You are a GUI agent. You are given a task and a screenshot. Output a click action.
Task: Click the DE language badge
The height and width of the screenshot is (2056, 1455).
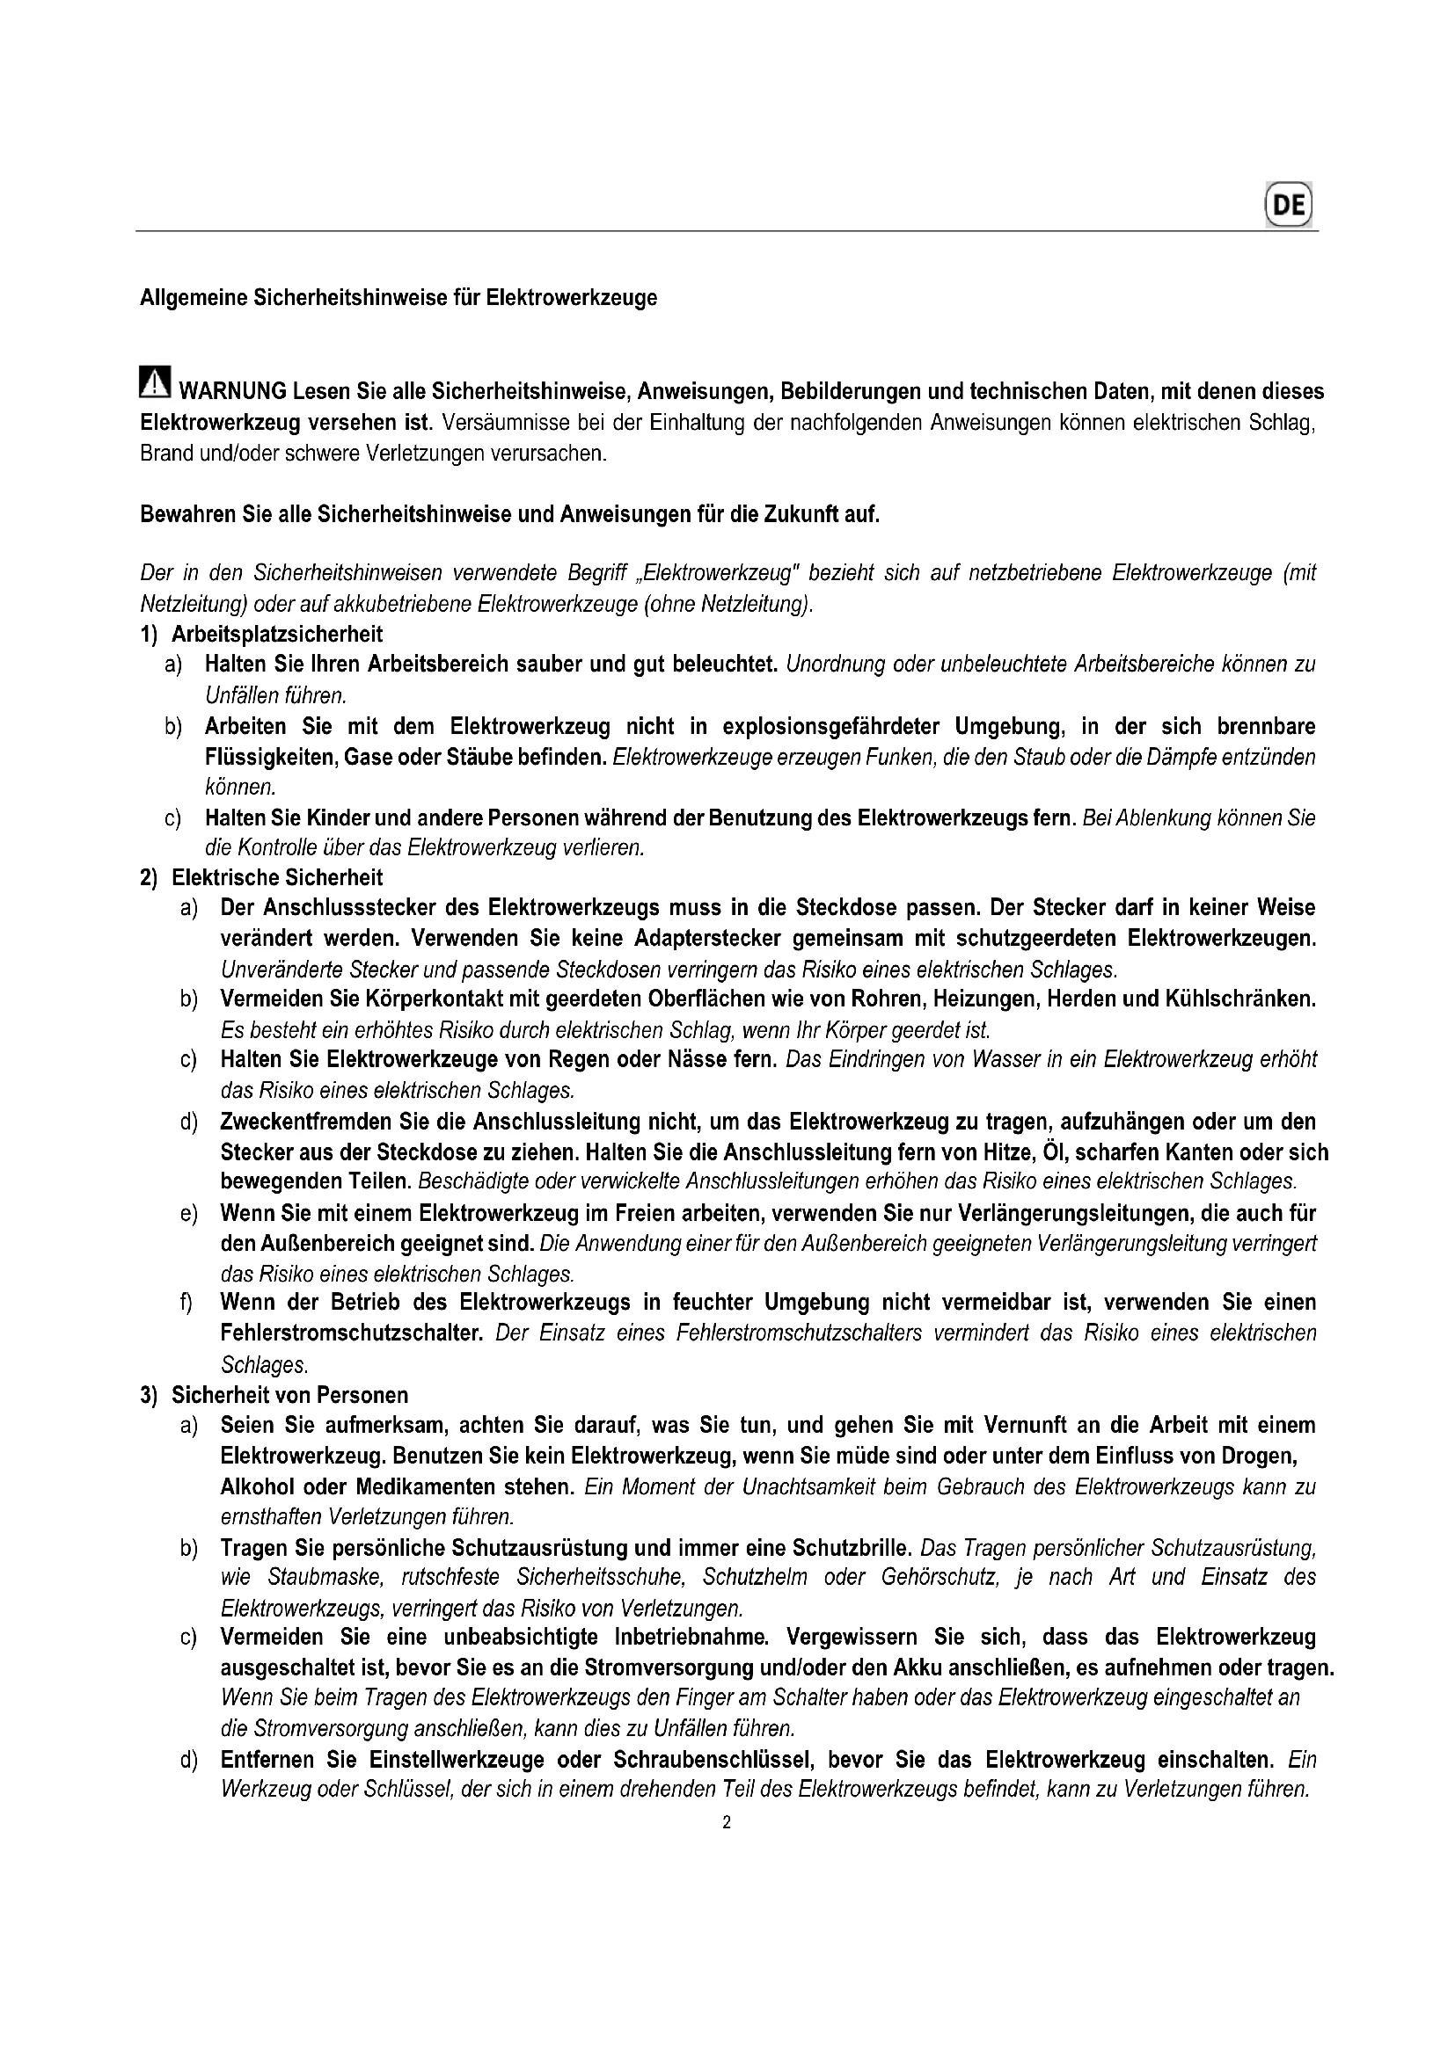(1289, 204)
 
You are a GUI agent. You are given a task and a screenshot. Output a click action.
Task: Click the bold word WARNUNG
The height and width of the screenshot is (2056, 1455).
(232, 391)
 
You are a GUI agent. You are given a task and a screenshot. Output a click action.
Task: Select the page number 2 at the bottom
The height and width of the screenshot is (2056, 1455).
(727, 1822)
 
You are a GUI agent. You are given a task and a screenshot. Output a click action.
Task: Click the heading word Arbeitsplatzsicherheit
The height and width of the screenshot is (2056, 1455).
(277, 634)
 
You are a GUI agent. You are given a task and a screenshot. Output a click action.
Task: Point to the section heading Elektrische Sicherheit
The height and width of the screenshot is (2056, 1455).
(277, 877)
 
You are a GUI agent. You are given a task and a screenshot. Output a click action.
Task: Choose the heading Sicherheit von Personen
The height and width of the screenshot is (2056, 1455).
(289, 1395)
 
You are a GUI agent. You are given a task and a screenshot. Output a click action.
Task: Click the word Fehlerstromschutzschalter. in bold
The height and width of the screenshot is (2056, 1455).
(352, 1333)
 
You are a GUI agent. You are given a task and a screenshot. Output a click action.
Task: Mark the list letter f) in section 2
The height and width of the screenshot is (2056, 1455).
(186, 1303)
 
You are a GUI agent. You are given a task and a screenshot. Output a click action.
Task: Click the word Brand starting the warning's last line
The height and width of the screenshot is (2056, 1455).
(166, 453)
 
